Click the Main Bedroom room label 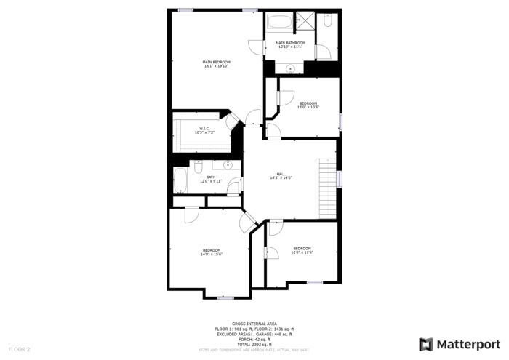[216, 64]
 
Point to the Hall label [281, 176]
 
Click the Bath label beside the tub [210, 179]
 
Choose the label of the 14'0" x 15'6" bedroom [211, 252]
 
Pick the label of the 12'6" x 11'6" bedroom [302, 250]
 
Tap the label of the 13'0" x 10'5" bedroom [308, 105]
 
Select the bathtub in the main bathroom [279, 22]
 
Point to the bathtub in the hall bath [180, 180]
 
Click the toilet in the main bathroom [328, 21]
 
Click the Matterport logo [460, 344]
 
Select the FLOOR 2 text [19, 350]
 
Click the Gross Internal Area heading [254, 323]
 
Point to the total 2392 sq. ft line [254, 344]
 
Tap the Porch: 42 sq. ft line [254, 339]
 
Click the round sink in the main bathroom [290, 68]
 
